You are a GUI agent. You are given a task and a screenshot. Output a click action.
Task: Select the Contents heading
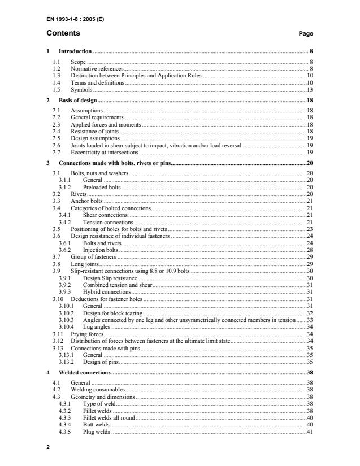point(63,33)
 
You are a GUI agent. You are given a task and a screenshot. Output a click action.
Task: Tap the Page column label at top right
point(305,34)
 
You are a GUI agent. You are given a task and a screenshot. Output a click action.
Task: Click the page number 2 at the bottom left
point(48,447)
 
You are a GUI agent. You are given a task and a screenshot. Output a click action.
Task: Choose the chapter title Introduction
point(75,51)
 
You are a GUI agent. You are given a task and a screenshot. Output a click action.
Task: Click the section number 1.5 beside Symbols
point(56,89)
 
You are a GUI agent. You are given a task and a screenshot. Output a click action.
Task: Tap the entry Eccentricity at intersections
point(105,153)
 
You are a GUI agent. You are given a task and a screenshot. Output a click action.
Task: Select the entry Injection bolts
point(101,249)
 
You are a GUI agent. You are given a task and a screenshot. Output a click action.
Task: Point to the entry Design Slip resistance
point(110,278)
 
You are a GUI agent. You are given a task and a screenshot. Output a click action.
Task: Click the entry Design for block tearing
point(112,312)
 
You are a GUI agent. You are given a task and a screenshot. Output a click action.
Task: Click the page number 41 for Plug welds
point(309,432)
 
